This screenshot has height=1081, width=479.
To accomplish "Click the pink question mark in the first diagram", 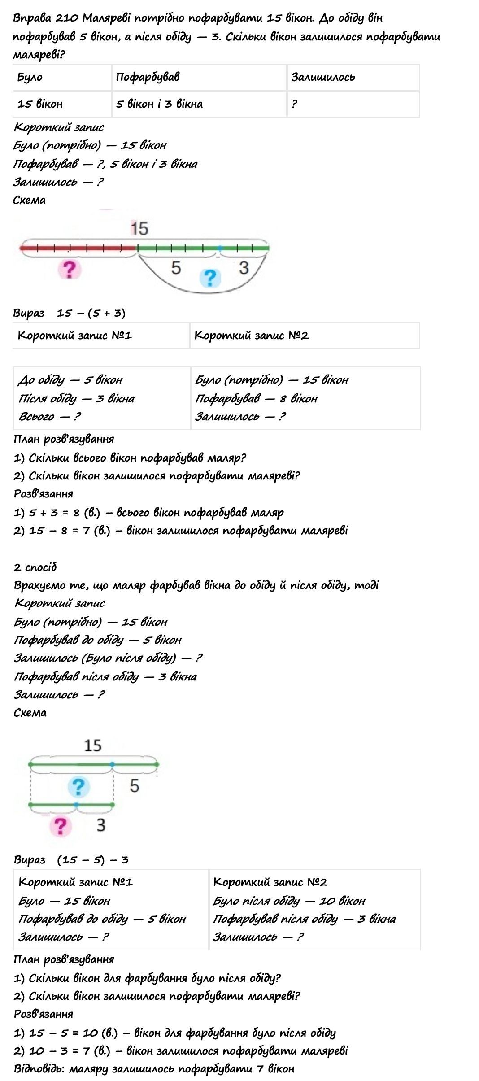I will click(69, 270).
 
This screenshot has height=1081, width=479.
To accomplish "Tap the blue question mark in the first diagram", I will click(209, 278).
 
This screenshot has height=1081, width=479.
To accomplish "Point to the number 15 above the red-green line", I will click(139, 228).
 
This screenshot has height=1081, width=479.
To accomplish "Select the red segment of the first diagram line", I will click(78, 248).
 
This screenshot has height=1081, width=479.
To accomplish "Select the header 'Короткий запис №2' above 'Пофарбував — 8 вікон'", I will click(252, 336).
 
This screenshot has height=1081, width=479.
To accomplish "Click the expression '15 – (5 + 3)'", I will click(91, 313).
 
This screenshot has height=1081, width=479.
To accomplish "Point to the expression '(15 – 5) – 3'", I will click(93, 860).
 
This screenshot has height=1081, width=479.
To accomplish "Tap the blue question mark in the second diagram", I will click(78, 786).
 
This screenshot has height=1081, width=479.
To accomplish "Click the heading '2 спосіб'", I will click(35, 567).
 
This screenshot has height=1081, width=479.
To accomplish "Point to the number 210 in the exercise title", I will click(67, 18).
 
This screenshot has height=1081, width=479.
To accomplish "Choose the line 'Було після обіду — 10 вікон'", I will click(289, 901).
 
